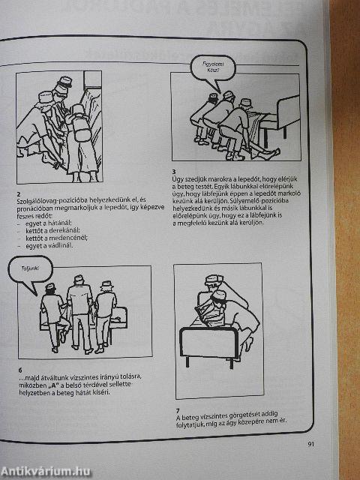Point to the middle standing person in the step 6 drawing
click(x=79, y=307)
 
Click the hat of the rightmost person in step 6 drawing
click(x=107, y=285)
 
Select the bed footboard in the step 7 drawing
click(x=196, y=360)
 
